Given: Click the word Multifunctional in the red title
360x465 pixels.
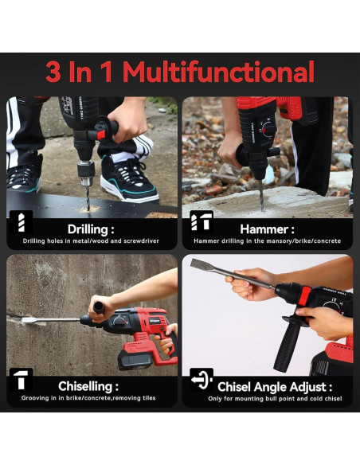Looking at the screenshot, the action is click(218, 72).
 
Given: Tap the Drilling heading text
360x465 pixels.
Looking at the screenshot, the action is click(91, 229).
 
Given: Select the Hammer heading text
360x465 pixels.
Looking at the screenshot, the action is click(267, 229).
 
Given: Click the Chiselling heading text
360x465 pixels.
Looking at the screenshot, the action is click(88, 386).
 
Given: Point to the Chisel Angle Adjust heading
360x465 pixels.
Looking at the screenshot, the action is click(275, 387).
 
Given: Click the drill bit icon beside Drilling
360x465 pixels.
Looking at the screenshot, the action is click(21, 222).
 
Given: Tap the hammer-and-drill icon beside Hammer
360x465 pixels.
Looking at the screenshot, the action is click(202, 221).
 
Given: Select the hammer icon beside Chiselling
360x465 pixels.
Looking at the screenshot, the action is click(21, 379).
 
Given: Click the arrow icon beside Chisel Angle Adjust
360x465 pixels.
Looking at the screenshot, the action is click(202, 380).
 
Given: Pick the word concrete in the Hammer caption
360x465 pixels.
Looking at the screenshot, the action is click(327, 241).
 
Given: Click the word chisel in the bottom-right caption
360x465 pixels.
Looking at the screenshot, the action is click(332, 399).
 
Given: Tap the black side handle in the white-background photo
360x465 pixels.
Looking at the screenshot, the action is click(287, 343).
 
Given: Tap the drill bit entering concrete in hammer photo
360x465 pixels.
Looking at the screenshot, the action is click(261, 195).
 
